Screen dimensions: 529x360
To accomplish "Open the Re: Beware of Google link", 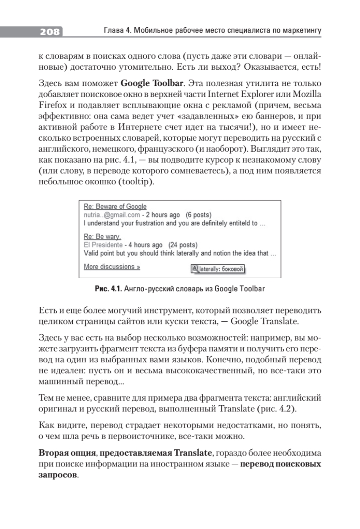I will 115,207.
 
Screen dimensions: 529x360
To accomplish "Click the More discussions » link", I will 112,267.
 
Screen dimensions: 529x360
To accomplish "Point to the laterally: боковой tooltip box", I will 217,269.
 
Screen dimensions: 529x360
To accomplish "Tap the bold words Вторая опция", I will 65,454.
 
